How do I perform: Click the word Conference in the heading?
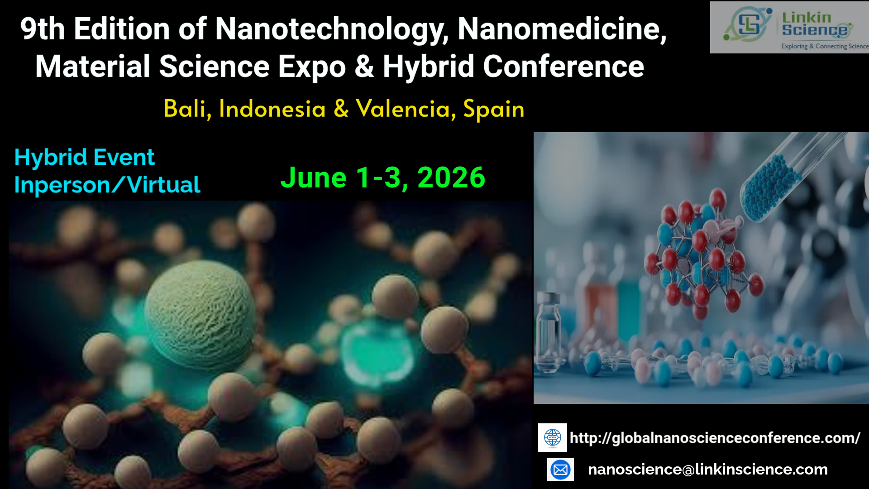click(x=563, y=67)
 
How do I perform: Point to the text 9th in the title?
click(x=43, y=29)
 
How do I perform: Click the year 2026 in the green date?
click(x=451, y=177)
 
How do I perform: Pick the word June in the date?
click(x=314, y=177)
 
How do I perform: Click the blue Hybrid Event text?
click(x=85, y=158)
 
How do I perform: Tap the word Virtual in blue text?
click(x=164, y=185)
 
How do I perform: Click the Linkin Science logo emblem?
click(x=747, y=24)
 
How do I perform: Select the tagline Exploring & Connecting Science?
click(x=825, y=46)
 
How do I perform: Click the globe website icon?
click(x=553, y=438)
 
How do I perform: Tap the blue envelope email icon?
click(x=560, y=470)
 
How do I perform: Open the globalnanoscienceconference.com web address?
click(x=715, y=438)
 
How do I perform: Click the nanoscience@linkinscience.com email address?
click(x=708, y=470)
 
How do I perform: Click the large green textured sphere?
click(x=200, y=308)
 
